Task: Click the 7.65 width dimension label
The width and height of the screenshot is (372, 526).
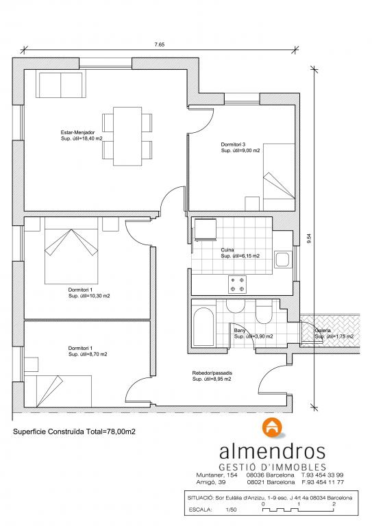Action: point(160,45)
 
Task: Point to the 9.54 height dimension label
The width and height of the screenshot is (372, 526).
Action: point(310,238)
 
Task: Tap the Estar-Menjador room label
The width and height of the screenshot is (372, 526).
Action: point(78,132)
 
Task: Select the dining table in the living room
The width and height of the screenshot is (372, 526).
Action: point(127,136)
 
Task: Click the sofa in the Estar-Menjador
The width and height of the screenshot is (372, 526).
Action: point(60,84)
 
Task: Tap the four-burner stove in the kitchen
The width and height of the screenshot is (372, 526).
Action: point(238,284)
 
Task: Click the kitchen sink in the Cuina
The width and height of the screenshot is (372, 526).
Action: point(282,260)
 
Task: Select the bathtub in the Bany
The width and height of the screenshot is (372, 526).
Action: point(203,327)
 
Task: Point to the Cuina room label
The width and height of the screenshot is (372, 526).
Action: point(227,250)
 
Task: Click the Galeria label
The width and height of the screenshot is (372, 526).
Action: point(323,330)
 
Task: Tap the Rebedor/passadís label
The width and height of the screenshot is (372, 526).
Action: point(212,373)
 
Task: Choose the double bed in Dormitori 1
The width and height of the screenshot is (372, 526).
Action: point(71,251)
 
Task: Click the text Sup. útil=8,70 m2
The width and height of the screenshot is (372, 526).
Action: point(88,354)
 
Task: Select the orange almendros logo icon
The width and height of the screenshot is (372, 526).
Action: point(273,427)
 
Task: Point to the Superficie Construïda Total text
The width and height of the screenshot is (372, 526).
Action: point(74,431)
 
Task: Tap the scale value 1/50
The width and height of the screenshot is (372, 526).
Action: point(231,510)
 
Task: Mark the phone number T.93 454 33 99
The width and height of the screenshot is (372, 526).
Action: point(322,475)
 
